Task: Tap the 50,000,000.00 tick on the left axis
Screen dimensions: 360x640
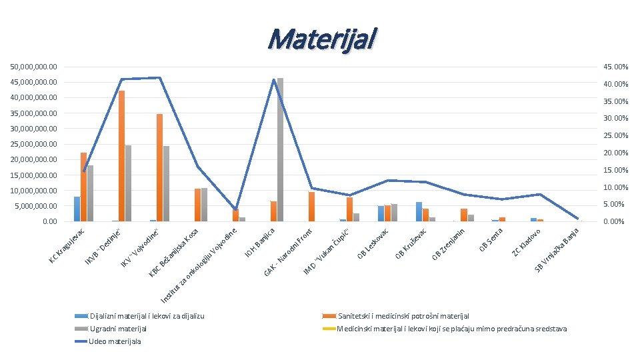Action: point(33,67)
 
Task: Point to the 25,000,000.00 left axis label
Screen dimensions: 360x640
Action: point(33,144)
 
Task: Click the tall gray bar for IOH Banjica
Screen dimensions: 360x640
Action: point(280,149)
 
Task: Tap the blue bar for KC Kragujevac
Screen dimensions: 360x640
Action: point(77,209)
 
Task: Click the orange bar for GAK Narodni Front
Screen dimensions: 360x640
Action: point(311,206)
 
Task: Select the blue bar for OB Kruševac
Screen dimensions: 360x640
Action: point(419,211)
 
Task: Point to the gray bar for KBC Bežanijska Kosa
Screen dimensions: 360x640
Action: point(204,204)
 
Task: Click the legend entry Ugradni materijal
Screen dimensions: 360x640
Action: point(118,329)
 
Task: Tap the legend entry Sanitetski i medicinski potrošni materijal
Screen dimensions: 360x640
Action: point(403,315)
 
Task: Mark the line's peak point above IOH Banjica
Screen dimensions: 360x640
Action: point(274,80)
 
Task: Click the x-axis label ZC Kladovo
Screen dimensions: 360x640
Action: point(530,242)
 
